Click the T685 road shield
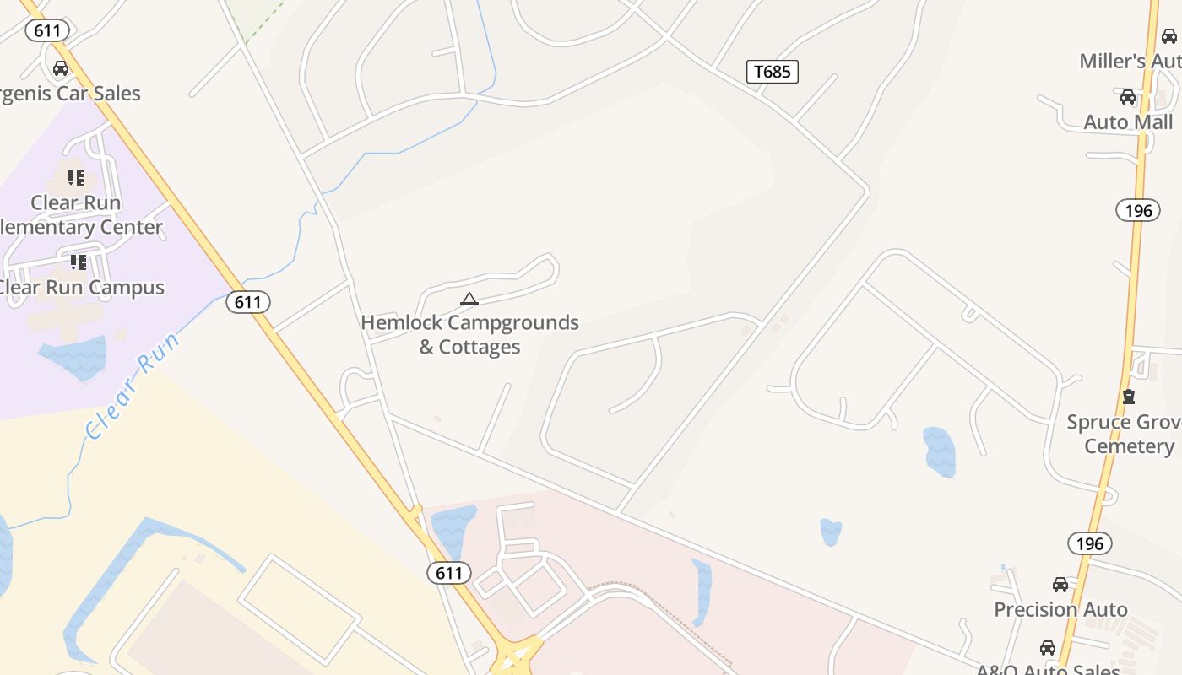[x=773, y=72]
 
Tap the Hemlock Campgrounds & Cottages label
[x=469, y=334]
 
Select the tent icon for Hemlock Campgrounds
[x=469, y=299]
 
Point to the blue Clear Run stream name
[x=133, y=386]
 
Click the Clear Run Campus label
[x=81, y=287]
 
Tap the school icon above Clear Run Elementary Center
[x=76, y=178]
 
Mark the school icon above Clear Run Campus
[x=79, y=262]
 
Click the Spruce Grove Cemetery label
[x=1123, y=434]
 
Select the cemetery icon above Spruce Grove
[x=1129, y=396]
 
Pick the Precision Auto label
[x=1060, y=609]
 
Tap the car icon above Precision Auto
[x=1060, y=585]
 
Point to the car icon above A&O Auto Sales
[x=1048, y=648]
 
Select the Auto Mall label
[x=1128, y=122]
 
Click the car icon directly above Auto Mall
[x=1128, y=97]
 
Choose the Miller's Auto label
[x=1130, y=61]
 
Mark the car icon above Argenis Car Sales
[x=61, y=68]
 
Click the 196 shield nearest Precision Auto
[x=1090, y=543]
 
